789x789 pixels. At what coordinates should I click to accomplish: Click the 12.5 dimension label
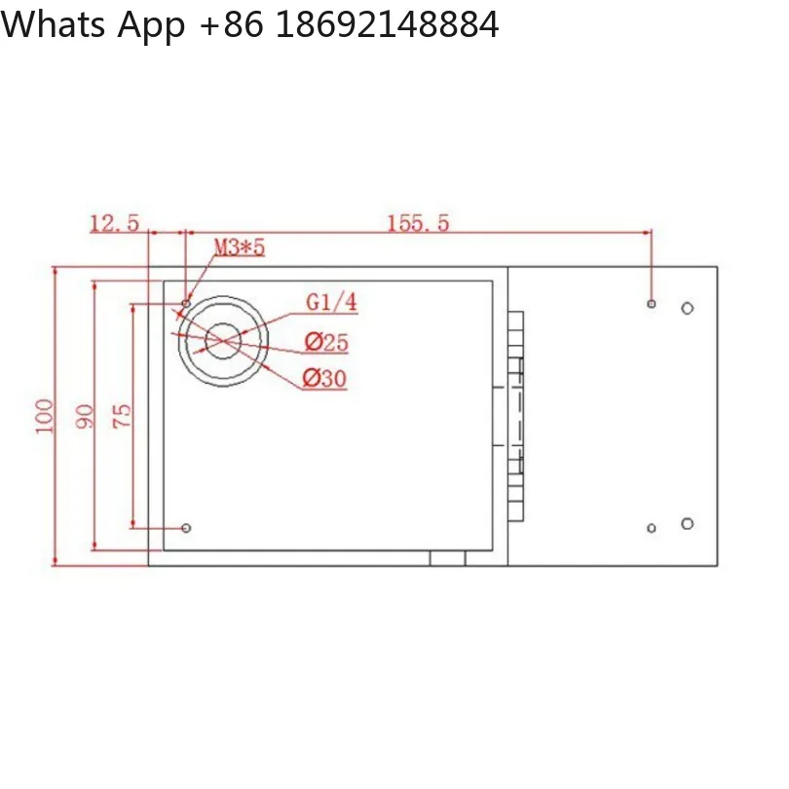(114, 223)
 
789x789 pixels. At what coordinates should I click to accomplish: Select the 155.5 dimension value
(418, 223)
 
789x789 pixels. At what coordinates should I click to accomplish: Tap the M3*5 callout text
(240, 247)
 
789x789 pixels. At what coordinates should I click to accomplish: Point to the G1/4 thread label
(331, 302)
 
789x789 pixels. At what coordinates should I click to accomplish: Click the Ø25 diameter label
(326, 342)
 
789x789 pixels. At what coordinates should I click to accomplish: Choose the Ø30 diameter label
(324, 378)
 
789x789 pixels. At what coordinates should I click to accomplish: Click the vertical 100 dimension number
(44, 416)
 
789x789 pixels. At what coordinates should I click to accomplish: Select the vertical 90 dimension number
(85, 416)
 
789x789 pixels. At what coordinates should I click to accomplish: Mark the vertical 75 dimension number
(122, 416)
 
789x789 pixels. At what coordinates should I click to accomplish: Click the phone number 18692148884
(388, 24)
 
